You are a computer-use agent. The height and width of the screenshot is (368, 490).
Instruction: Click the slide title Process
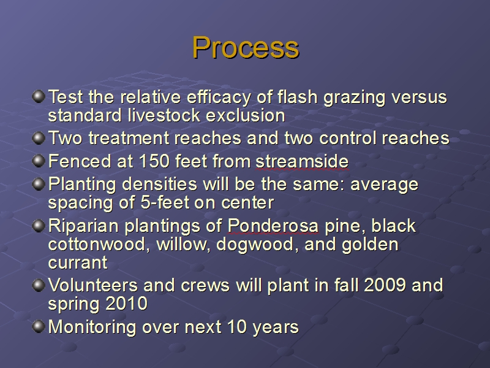[x=246, y=48]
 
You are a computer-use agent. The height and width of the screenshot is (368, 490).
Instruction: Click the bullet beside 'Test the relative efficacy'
[x=39, y=96]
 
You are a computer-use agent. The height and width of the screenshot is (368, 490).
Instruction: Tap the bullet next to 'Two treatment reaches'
[x=39, y=138]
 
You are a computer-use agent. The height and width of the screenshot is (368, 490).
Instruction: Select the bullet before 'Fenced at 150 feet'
[x=39, y=161]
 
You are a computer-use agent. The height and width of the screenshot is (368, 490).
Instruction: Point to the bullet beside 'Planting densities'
[x=39, y=184]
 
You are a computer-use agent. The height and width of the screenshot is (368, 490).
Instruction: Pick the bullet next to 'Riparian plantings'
[x=39, y=226]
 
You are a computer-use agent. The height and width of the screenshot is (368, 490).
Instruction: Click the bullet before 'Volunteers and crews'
[x=39, y=285]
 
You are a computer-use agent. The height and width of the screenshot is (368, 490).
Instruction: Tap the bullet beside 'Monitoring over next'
[x=39, y=326]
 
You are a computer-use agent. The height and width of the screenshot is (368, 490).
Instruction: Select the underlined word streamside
[x=302, y=161]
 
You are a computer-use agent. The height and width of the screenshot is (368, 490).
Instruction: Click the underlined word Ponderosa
[x=273, y=226]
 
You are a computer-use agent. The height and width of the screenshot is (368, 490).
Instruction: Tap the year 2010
[x=127, y=304]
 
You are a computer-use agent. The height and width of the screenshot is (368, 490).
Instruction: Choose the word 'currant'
[x=78, y=263]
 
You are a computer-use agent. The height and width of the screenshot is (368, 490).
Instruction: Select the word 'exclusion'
[x=246, y=115]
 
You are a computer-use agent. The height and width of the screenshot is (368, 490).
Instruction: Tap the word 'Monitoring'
[x=92, y=328]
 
